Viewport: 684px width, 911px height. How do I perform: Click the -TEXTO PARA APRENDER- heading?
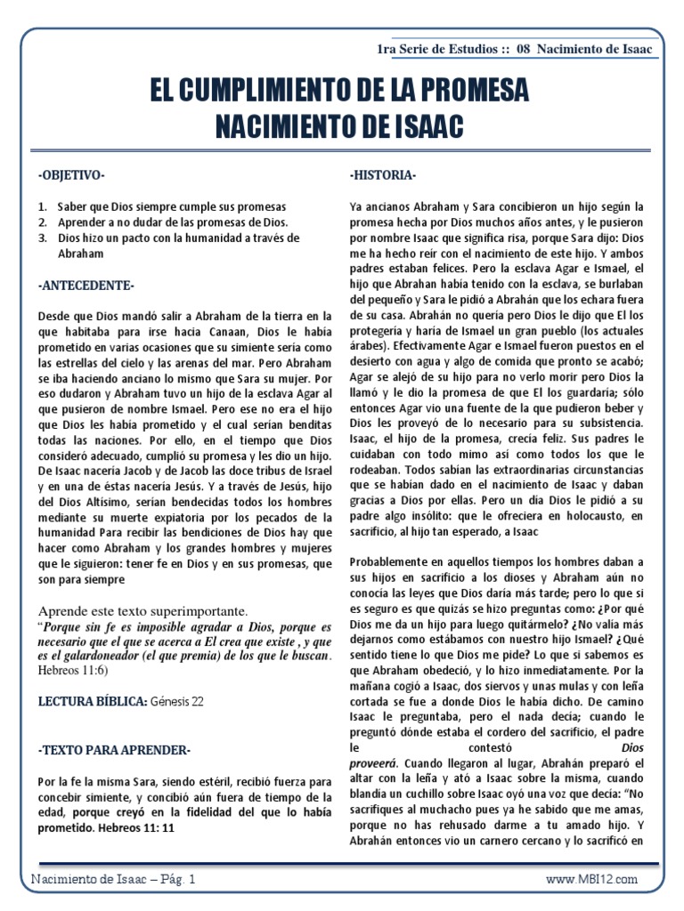pyautogui.click(x=114, y=750)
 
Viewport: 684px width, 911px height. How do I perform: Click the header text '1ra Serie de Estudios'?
pyautogui.click(x=440, y=48)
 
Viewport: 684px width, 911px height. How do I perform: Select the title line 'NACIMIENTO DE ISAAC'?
pyautogui.click(x=341, y=125)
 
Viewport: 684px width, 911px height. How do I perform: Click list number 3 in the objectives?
pyautogui.click(x=42, y=238)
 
